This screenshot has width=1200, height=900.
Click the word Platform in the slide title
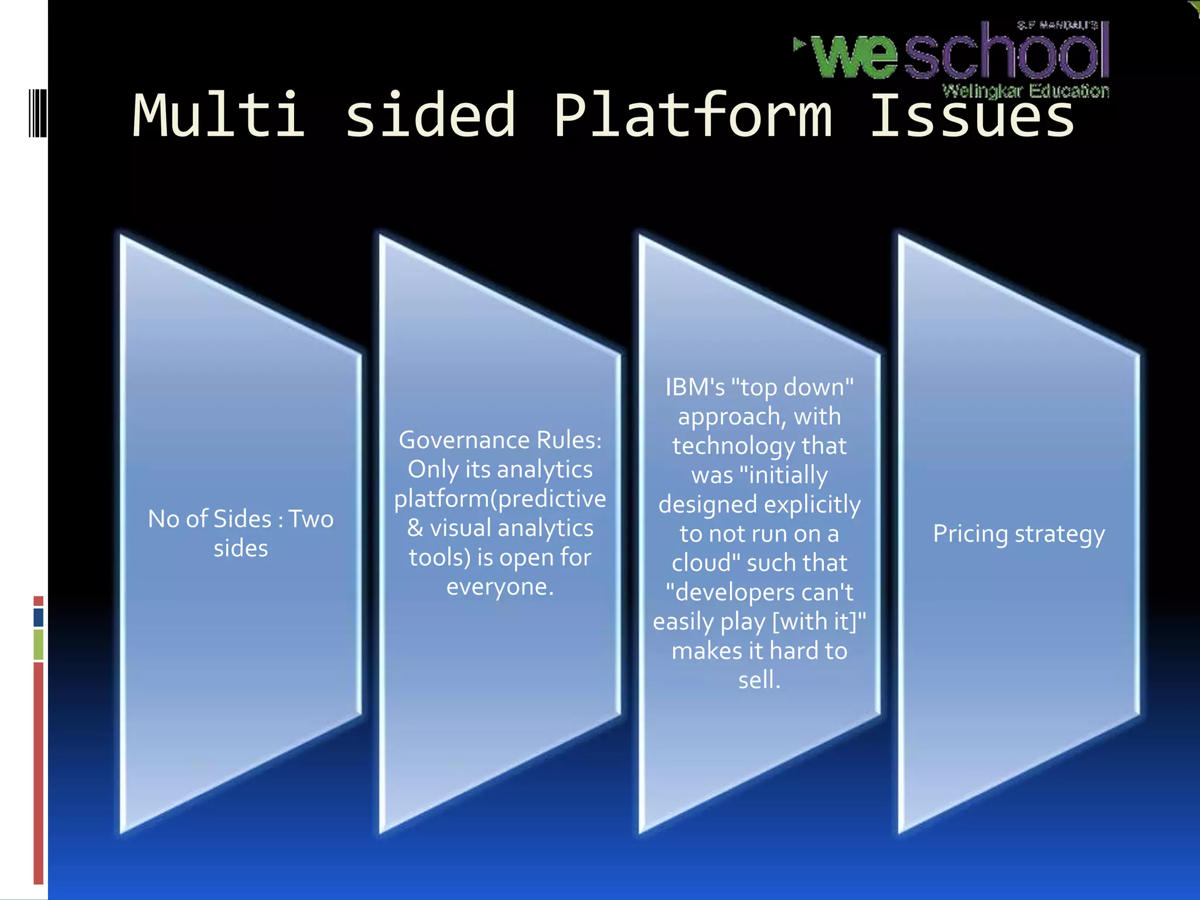click(693, 116)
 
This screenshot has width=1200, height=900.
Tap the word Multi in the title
click(219, 116)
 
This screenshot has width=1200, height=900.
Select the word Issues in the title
click(972, 116)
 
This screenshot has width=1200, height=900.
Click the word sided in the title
click(430, 116)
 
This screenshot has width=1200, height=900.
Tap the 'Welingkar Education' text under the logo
click(1025, 91)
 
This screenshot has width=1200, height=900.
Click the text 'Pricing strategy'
click(1019, 534)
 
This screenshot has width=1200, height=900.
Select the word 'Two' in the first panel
click(311, 519)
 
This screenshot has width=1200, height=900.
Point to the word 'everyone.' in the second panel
click(500, 587)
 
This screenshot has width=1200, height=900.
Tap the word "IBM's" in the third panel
click(695, 387)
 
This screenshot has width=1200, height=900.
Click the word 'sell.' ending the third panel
click(759, 680)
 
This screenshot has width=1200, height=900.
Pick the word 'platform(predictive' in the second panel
click(500, 499)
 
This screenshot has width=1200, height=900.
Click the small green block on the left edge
click(39, 644)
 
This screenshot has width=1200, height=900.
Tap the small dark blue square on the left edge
click(39, 617)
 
